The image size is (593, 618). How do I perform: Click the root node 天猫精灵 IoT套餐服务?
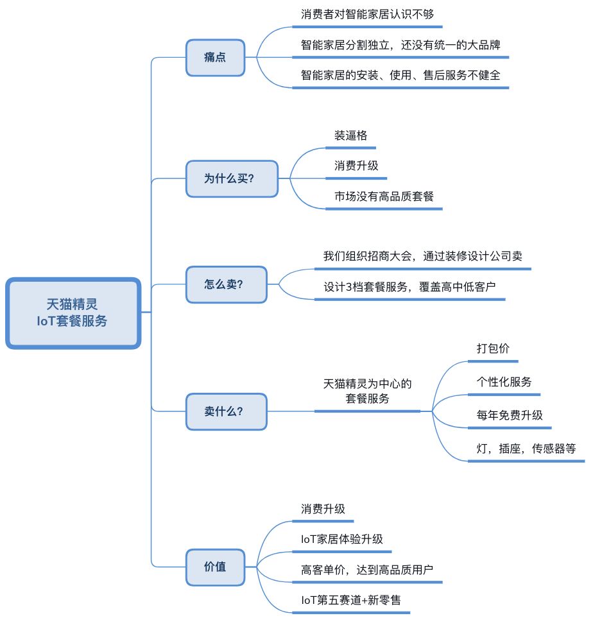[73, 313]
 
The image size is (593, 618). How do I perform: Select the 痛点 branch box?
[215, 58]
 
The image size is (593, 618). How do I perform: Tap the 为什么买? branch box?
[232, 178]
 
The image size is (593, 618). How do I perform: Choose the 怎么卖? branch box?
[226, 284]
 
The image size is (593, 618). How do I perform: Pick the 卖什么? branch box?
[226, 411]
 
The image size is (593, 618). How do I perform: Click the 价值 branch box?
[215, 567]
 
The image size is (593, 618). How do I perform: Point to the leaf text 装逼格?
[350, 136]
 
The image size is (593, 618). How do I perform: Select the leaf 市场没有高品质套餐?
[384, 196]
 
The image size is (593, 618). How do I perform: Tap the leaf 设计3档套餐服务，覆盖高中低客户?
[409, 287]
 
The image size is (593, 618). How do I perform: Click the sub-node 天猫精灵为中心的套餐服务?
[367, 391]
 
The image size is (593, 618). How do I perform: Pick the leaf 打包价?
[493, 348]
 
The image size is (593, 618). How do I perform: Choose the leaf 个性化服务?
[504, 382]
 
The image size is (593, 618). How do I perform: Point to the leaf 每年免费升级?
[510, 415]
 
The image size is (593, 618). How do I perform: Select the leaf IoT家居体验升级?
[341, 539]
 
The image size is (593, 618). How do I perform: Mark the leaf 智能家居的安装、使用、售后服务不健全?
[400, 74]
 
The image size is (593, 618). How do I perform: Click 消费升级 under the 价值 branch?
[323, 509]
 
